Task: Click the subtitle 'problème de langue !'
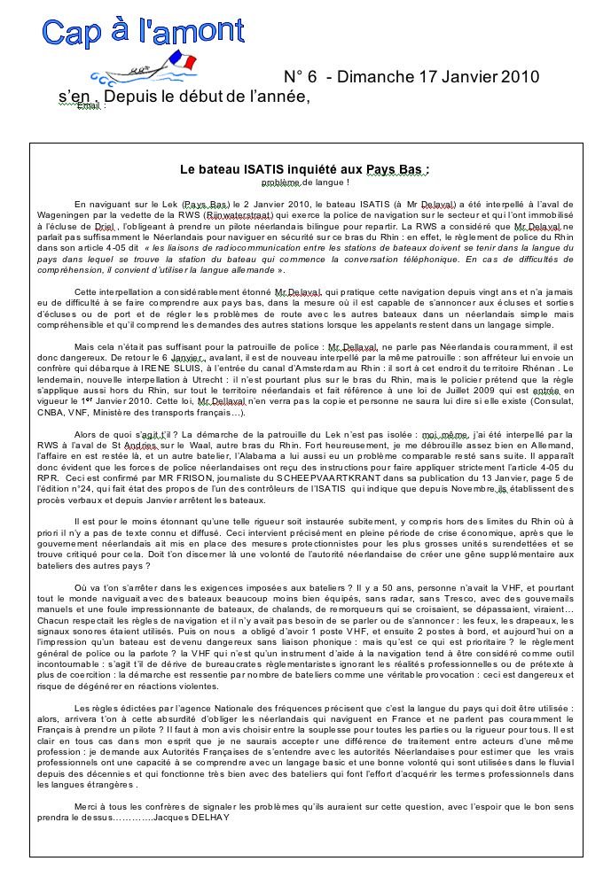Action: [305, 182]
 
